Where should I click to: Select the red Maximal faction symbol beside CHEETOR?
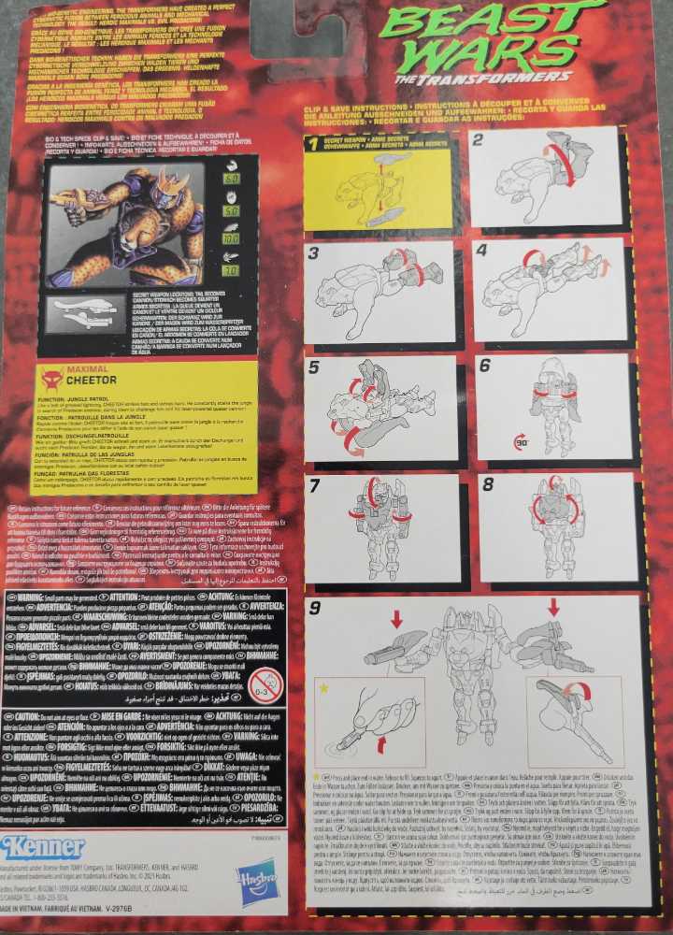[53, 379]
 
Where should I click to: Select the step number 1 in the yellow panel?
[314, 142]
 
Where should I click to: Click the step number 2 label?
[478, 139]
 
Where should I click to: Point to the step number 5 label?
[314, 366]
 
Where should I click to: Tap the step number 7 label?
[315, 484]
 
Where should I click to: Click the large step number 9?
[316, 609]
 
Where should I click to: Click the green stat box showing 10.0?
[232, 237]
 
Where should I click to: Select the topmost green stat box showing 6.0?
[232, 177]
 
